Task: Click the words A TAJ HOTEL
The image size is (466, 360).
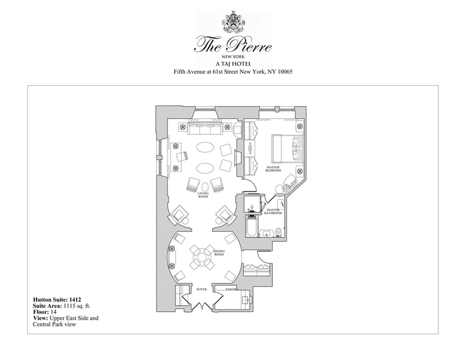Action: [x=233, y=64]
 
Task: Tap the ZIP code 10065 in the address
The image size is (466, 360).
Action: [x=284, y=72]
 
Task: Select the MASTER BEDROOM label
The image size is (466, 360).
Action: [x=273, y=169]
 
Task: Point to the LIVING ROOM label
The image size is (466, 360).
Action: [x=204, y=194]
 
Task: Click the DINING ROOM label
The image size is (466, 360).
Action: [x=219, y=253]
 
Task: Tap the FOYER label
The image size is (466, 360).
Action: [x=202, y=289]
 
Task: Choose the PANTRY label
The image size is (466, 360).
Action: [x=231, y=289]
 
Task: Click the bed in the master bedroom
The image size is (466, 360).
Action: [x=286, y=148]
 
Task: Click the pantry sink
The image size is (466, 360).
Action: [x=245, y=299]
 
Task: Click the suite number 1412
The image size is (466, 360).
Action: [x=72, y=299]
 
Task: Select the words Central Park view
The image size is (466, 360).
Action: [x=54, y=324]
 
